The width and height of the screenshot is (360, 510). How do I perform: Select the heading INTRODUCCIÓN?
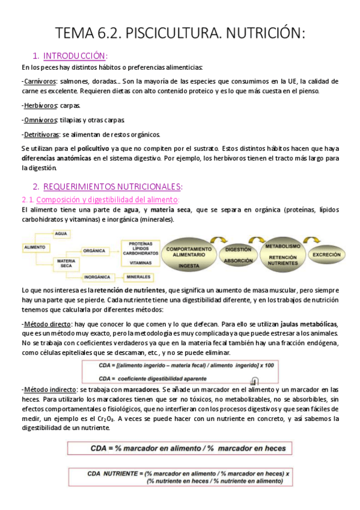pos(75,56)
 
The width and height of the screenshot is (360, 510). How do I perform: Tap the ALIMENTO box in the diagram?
pos(36,247)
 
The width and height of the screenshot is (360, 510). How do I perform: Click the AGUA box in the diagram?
pos(61,233)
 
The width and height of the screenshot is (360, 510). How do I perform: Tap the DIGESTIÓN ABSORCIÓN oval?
pos(237,255)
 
